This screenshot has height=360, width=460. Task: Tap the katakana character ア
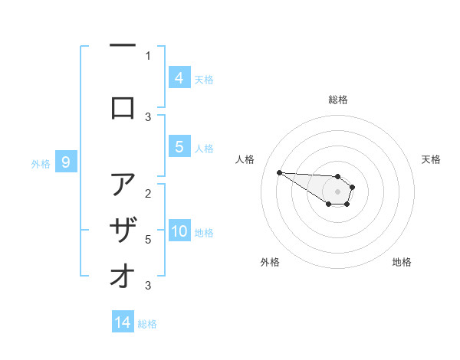[123, 185]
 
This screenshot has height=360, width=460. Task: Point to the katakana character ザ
[123, 231]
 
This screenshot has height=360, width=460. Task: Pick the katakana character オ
[123, 276]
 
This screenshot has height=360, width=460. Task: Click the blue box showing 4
[179, 77]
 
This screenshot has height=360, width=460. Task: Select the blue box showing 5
[179, 147]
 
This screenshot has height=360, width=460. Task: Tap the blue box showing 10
[179, 231]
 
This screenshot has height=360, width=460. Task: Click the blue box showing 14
[123, 322]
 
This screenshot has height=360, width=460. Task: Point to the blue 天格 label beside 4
[204, 79]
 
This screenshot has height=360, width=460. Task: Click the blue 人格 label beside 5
[204, 148]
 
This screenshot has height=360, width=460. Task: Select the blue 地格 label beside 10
[204, 232]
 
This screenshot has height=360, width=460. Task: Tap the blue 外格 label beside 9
[41, 163]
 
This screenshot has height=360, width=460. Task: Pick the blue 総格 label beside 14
[147, 324]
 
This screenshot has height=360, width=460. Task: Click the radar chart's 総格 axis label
[338, 100]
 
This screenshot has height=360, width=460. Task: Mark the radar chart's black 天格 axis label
[431, 159]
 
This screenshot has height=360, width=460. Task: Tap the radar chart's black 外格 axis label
[270, 262]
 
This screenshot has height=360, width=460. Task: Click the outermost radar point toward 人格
[279, 172]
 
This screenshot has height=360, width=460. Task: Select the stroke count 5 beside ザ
[148, 240]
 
